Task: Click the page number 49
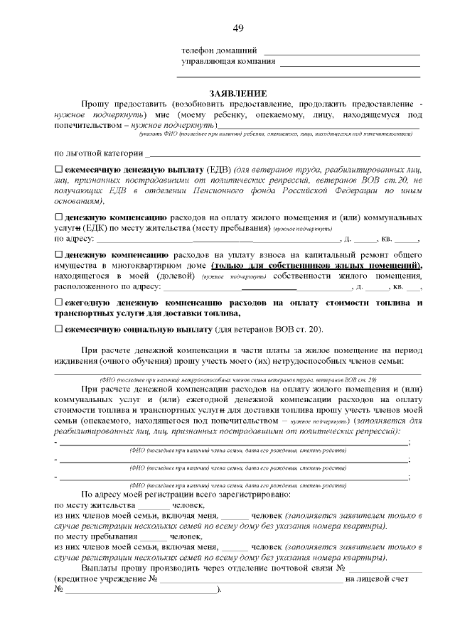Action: tap(237, 28)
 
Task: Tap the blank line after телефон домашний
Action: tap(341, 54)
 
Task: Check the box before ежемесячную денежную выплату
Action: tap(59, 171)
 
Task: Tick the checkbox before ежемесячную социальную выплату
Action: tap(59, 330)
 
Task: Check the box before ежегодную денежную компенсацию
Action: tap(59, 303)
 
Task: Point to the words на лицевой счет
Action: tap(376, 580)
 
